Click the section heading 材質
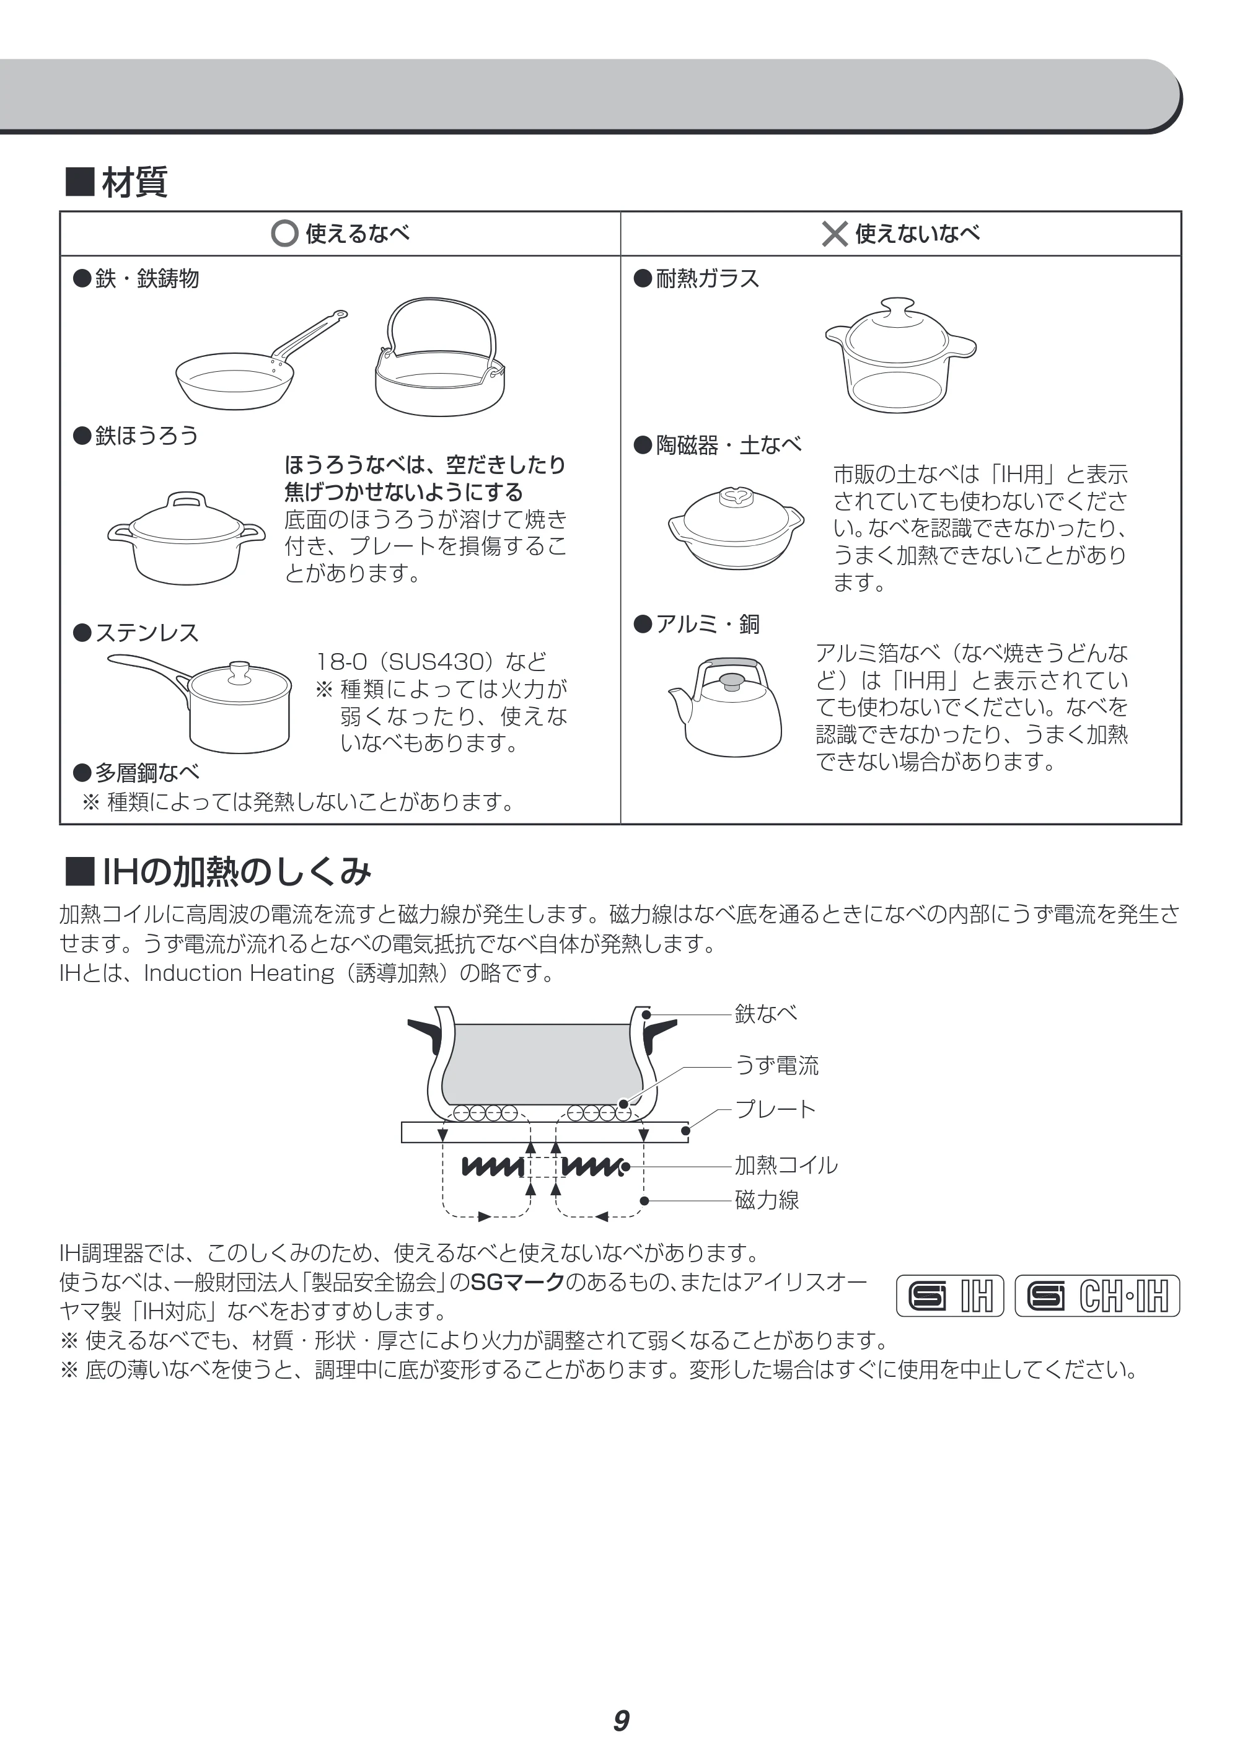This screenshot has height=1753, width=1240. pyautogui.click(x=134, y=182)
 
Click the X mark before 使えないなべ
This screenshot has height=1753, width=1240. pyautogui.click(x=835, y=234)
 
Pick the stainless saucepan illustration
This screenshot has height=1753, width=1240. pyautogui.click(x=200, y=703)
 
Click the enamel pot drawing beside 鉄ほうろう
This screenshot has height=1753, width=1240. pyautogui.click(x=187, y=538)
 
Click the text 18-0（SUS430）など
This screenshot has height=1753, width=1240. pyautogui.click(x=432, y=661)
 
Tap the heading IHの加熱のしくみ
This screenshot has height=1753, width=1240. pyautogui.click(x=237, y=871)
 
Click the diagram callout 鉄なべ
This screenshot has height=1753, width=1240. pyautogui.click(x=766, y=1013)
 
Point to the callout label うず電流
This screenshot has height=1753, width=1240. pyautogui.click(x=776, y=1065)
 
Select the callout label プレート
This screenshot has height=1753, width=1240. pyautogui.click(x=776, y=1109)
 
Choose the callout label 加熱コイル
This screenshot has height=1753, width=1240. pyautogui.click(x=786, y=1165)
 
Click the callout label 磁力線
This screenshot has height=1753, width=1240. pyautogui.click(x=767, y=1200)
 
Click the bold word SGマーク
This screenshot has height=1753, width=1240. pyautogui.click(x=517, y=1282)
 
